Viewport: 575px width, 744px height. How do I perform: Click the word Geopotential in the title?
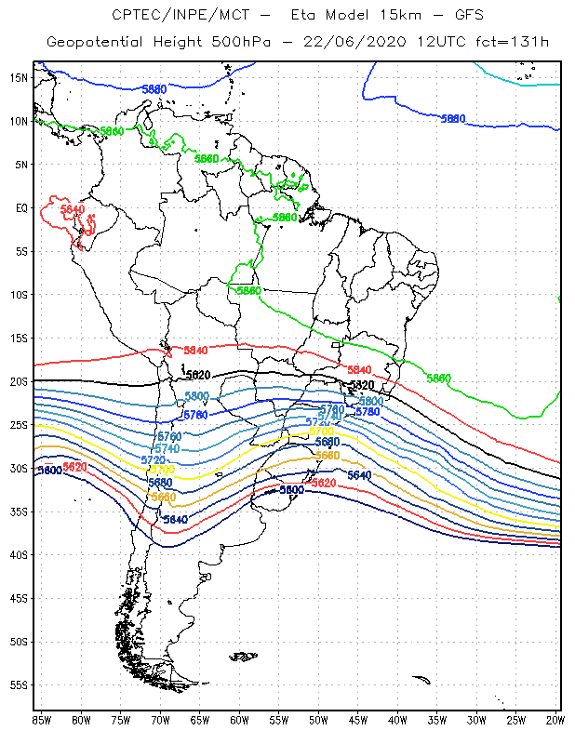[93, 42]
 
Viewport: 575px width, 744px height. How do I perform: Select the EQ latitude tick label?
[20, 207]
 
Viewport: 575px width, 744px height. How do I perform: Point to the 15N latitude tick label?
[19, 77]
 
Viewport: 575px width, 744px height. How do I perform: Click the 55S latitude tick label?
[19, 684]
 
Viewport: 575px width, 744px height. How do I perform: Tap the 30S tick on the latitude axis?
[19, 468]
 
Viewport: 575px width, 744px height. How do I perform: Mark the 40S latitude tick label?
[19, 554]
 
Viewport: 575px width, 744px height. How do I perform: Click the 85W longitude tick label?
[41, 720]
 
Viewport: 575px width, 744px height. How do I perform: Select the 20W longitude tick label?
[555, 720]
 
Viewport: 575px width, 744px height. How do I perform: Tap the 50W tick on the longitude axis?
[318, 720]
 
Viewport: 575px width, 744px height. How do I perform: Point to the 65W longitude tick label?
[199, 720]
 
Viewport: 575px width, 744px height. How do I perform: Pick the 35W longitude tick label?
[436, 720]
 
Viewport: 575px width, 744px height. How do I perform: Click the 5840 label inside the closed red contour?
[72, 210]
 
